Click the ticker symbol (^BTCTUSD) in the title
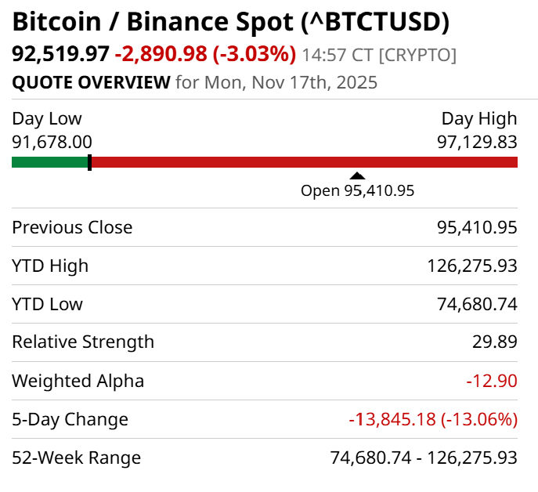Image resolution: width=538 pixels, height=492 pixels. click(x=375, y=21)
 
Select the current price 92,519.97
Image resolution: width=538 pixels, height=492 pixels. click(x=60, y=54)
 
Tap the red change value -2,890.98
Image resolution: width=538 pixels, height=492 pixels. click(x=161, y=54)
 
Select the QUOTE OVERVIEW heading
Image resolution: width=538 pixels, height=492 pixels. click(x=91, y=82)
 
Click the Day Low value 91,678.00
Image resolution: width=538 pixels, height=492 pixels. click(x=52, y=142)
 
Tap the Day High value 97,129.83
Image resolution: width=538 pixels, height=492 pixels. click(x=477, y=142)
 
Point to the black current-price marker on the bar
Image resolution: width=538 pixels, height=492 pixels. click(x=89, y=162)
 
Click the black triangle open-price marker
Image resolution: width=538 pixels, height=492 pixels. click(x=357, y=176)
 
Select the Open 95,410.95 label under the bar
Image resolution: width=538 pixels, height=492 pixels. click(x=357, y=190)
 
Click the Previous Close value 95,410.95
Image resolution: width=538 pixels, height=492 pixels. click(x=477, y=227)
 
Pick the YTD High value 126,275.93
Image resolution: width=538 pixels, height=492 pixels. click(x=472, y=266)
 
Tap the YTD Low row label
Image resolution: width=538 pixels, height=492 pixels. click(x=47, y=304)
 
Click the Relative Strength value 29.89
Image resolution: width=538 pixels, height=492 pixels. click(x=497, y=342)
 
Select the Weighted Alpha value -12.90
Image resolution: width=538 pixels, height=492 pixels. click(x=492, y=381)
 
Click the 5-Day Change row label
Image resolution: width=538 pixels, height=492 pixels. click(x=70, y=419)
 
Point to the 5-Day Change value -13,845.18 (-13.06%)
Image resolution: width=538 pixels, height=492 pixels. click(x=433, y=419)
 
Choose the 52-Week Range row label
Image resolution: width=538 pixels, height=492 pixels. click(x=76, y=458)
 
